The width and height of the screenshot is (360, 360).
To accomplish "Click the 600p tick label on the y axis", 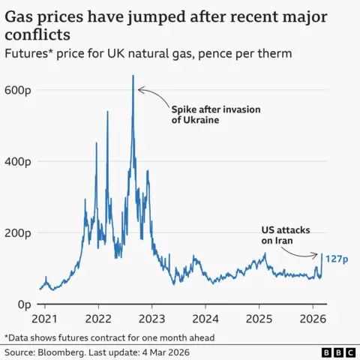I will [x=18, y=90].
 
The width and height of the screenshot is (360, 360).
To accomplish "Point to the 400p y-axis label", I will [x=18, y=161].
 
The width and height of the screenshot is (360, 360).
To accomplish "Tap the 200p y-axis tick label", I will [x=18, y=232].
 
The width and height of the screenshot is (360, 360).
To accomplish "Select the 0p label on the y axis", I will [x=13, y=304].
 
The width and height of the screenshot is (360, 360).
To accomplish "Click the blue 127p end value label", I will [x=337, y=259].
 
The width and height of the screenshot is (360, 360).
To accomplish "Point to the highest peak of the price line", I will [x=133, y=76].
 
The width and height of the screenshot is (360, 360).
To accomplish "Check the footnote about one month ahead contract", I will [x=109, y=337].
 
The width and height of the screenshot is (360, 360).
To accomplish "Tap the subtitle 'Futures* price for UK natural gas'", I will [x=97, y=53].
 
